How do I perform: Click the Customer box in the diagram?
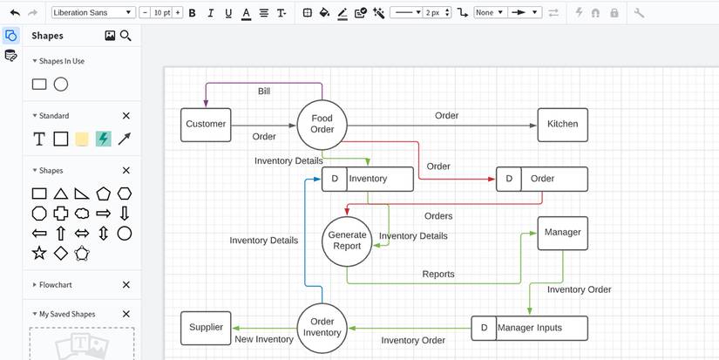[206, 125]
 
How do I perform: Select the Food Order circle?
[322, 125]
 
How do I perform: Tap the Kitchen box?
[562, 125]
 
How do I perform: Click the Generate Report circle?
[347, 240]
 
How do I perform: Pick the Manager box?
[562, 233]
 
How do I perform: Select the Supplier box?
[206, 328]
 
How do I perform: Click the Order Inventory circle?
[322, 328]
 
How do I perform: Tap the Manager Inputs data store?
[529, 328]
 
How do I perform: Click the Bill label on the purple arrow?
[264, 92]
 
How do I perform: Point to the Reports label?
[438, 274]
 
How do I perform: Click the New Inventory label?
[264, 339]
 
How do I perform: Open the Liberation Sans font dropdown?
[93, 13]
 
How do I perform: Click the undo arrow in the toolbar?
[15, 13]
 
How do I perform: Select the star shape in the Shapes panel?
[39, 253]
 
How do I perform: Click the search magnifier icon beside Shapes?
[125, 36]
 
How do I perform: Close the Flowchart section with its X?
[125, 284]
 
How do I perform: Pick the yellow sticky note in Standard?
[82, 139]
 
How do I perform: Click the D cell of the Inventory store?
[335, 179]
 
